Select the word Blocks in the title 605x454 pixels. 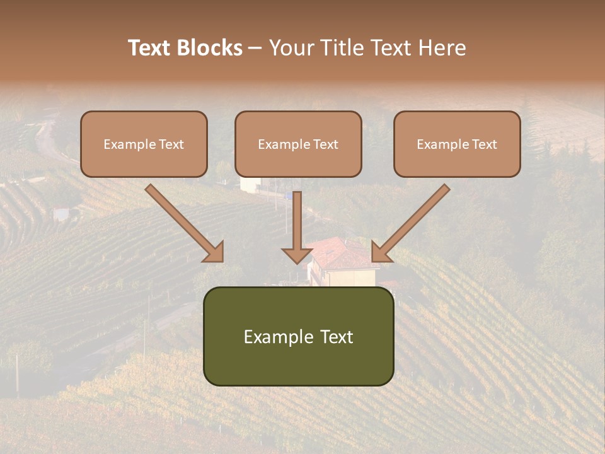pyautogui.click(x=209, y=48)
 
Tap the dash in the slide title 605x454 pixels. pyautogui.click(x=255, y=49)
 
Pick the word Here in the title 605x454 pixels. pyautogui.click(x=444, y=48)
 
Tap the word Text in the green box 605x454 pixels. pyautogui.click(x=337, y=337)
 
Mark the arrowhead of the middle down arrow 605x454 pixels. pyautogui.click(x=297, y=255)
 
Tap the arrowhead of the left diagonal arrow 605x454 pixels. pyautogui.click(x=214, y=253)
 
